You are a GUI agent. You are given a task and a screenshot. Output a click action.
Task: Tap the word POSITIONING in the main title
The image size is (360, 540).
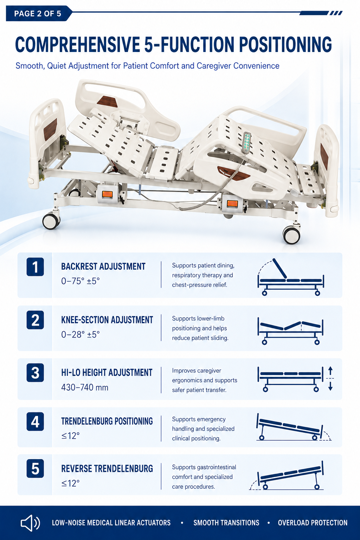click(285, 45)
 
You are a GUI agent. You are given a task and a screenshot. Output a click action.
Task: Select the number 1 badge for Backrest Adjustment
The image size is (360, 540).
click(35, 267)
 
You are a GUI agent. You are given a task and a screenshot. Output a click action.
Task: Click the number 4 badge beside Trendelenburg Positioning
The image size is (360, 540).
click(35, 422)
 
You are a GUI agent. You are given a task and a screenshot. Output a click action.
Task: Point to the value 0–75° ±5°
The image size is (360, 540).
click(80, 281)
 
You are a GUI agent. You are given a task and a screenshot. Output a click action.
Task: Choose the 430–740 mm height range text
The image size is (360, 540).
click(85, 387)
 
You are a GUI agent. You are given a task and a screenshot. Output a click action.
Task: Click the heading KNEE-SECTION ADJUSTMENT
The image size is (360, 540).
click(107, 320)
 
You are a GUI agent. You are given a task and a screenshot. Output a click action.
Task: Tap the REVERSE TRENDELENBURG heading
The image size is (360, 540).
click(107, 469)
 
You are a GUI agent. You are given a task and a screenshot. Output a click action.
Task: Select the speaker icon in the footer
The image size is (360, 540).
click(30, 523)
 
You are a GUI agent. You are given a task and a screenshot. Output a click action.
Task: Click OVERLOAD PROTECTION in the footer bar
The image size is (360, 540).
click(313, 523)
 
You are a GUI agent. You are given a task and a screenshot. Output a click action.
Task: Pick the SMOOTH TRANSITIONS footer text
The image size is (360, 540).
click(226, 523)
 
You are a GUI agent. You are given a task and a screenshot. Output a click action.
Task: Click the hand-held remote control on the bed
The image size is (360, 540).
click(247, 142)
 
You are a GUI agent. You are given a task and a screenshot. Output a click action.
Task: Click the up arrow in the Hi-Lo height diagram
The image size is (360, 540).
click(330, 371)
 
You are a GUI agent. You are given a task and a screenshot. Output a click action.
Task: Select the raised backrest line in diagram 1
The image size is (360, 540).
click(280, 269)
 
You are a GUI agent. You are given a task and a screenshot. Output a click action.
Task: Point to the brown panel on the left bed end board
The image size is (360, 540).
click(50, 129)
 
